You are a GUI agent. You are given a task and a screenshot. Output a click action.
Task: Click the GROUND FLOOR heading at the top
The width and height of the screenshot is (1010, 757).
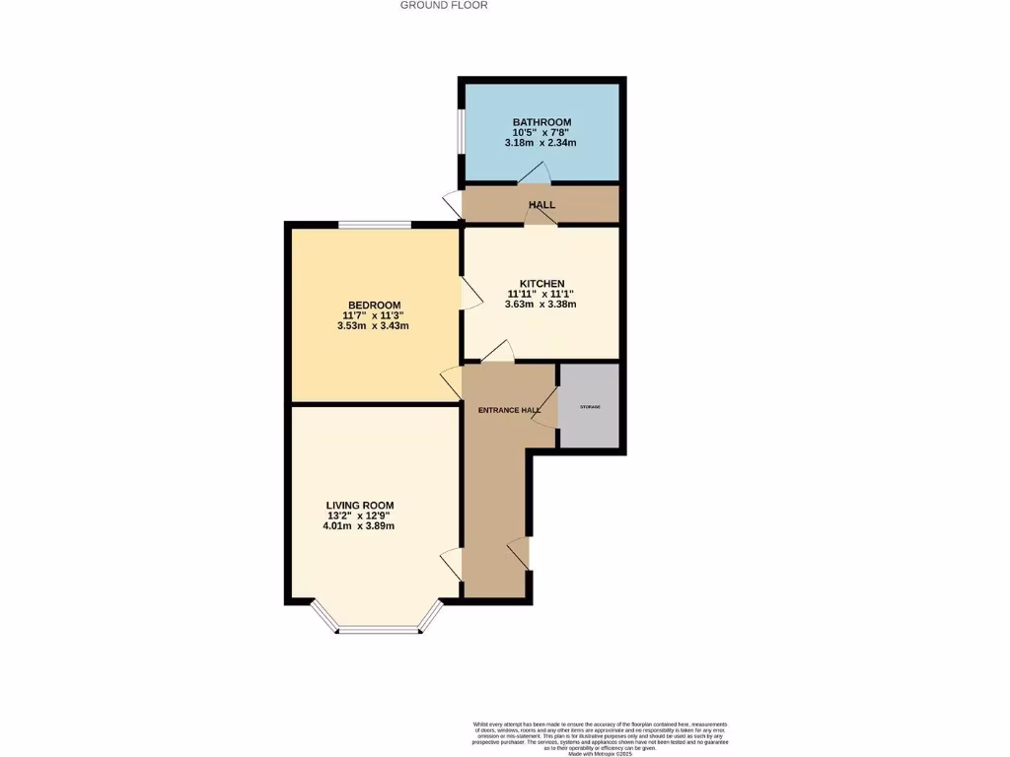coord(443,5)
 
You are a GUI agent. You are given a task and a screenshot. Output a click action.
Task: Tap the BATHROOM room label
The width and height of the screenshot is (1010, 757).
coord(541,122)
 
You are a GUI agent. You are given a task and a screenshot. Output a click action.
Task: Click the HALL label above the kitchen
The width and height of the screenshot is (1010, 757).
coord(541,205)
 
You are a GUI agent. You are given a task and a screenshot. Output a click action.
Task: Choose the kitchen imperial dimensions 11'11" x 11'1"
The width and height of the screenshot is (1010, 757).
coord(540,294)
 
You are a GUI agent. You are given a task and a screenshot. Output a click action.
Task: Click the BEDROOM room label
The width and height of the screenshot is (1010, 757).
coord(374,305)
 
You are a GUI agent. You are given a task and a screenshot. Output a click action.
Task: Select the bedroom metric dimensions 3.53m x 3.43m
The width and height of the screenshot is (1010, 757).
coord(373,326)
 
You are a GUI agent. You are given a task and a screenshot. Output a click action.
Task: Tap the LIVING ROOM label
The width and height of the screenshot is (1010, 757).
coord(359,505)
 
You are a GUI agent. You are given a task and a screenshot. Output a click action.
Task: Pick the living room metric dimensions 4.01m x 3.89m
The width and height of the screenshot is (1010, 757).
coord(359,526)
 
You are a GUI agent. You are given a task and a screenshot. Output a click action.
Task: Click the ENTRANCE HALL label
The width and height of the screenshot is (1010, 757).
coord(509,410)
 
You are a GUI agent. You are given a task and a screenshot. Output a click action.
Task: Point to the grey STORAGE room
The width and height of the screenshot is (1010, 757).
coord(590,407)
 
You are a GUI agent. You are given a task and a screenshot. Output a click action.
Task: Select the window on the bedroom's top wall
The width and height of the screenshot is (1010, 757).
coord(375,226)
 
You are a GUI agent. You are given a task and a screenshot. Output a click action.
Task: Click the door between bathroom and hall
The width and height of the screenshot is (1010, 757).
coord(534,174)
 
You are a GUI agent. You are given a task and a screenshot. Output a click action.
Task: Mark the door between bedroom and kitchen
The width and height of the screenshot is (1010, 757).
coord(468,294)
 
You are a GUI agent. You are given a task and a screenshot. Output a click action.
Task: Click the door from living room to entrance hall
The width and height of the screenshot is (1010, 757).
coord(451,564)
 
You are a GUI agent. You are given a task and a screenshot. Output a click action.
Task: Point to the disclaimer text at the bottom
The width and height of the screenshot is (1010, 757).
coord(600,735)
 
